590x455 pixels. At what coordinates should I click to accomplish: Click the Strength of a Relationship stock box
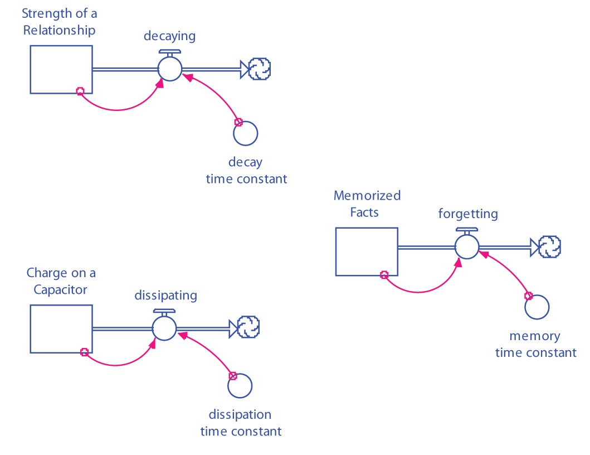[61, 69]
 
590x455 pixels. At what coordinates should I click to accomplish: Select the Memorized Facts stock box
[367, 251]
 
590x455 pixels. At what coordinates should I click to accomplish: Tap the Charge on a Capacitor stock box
[61, 329]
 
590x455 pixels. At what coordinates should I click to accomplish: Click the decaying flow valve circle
[170, 69]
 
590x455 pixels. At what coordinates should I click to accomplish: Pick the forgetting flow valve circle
[467, 246]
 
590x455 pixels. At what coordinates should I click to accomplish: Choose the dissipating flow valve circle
[164, 328]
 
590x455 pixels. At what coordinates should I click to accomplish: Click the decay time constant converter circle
[246, 133]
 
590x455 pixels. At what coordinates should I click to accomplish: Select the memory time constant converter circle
[537, 307]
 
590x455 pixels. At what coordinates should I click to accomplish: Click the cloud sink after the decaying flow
[260, 69]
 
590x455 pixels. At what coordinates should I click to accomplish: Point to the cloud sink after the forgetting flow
[550, 246]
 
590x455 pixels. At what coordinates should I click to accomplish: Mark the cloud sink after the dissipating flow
[249, 327]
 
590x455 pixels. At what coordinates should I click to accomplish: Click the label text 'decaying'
[169, 36]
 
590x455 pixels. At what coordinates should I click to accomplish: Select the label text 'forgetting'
[468, 214]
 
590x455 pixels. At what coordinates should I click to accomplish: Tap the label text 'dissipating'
[165, 295]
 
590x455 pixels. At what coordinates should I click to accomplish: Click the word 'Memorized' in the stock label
[367, 196]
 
